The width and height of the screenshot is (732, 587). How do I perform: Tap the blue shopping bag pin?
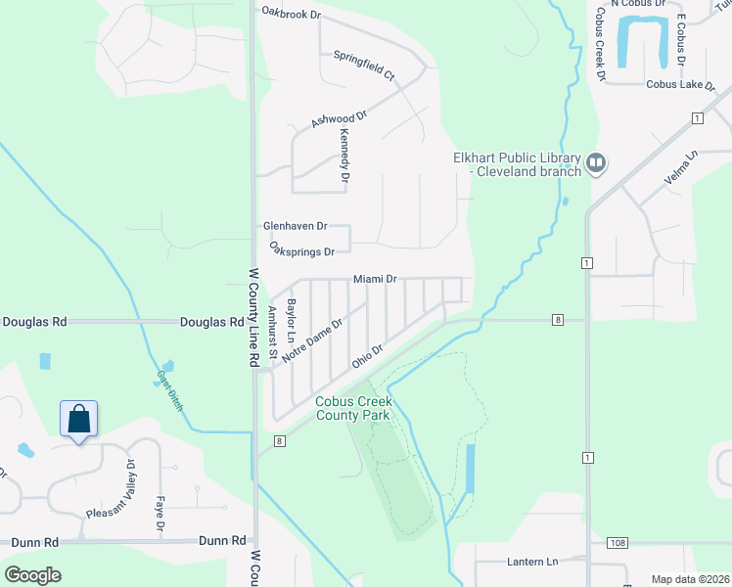pos(79,419)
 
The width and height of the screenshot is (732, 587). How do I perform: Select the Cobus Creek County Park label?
pos(352,408)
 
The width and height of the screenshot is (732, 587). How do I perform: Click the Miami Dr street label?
pos(375,279)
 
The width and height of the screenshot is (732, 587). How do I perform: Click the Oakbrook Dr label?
pos(291,12)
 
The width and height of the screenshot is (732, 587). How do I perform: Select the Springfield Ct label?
pos(363,66)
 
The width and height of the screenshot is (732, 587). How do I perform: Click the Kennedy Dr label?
pos(344,158)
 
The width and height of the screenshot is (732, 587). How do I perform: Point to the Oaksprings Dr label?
pos(308,251)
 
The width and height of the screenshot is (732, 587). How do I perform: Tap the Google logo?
pos(33,574)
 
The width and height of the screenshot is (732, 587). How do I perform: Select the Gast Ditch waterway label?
pos(170,390)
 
